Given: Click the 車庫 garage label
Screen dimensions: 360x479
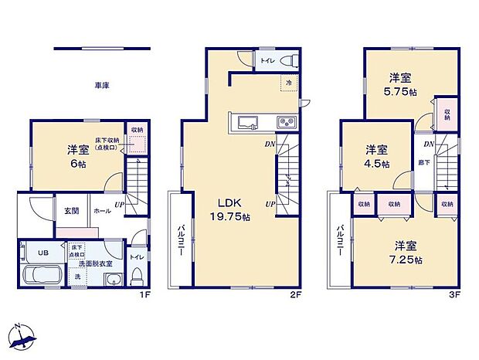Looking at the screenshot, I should point(101,85).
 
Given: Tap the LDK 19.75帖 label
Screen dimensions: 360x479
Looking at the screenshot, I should point(226,212).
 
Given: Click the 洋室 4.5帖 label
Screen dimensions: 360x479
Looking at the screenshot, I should point(376,157).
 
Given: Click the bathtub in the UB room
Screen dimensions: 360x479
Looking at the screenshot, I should point(45,274).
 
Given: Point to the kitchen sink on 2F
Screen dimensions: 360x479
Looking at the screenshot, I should point(249,122).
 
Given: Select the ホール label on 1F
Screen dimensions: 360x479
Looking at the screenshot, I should point(100,210).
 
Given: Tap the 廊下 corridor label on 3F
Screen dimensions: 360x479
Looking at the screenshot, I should point(425,163).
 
